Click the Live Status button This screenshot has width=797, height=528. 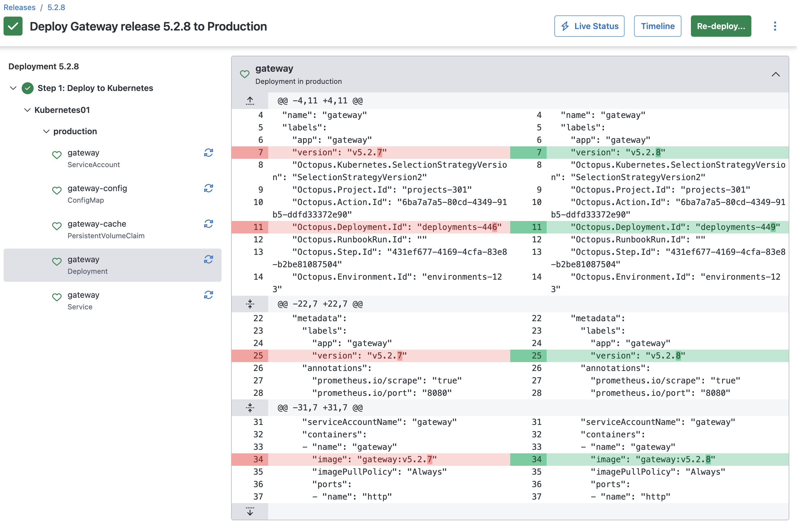pos(589,26)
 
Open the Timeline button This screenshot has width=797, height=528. pos(657,26)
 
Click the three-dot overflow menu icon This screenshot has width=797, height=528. pos(775,26)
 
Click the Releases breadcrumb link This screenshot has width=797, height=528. pos(19,7)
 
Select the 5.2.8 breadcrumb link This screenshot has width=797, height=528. pos(56,7)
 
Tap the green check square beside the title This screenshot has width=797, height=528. pos(13,26)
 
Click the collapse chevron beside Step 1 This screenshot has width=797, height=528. pos(13,88)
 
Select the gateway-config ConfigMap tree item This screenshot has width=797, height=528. pos(97,193)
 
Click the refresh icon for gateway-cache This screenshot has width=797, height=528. pos(208,224)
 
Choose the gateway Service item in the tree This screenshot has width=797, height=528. pos(83,300)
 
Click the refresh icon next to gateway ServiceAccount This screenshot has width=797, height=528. pos(208,153)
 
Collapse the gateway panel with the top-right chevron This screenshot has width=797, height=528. pos(775,74)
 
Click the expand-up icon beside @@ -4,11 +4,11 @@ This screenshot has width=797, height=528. pos(250,100)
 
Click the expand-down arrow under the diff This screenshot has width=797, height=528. pos(250,511)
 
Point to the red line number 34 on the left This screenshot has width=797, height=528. pos(258,459)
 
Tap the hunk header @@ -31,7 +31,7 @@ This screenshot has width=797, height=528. pos(320,407)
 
